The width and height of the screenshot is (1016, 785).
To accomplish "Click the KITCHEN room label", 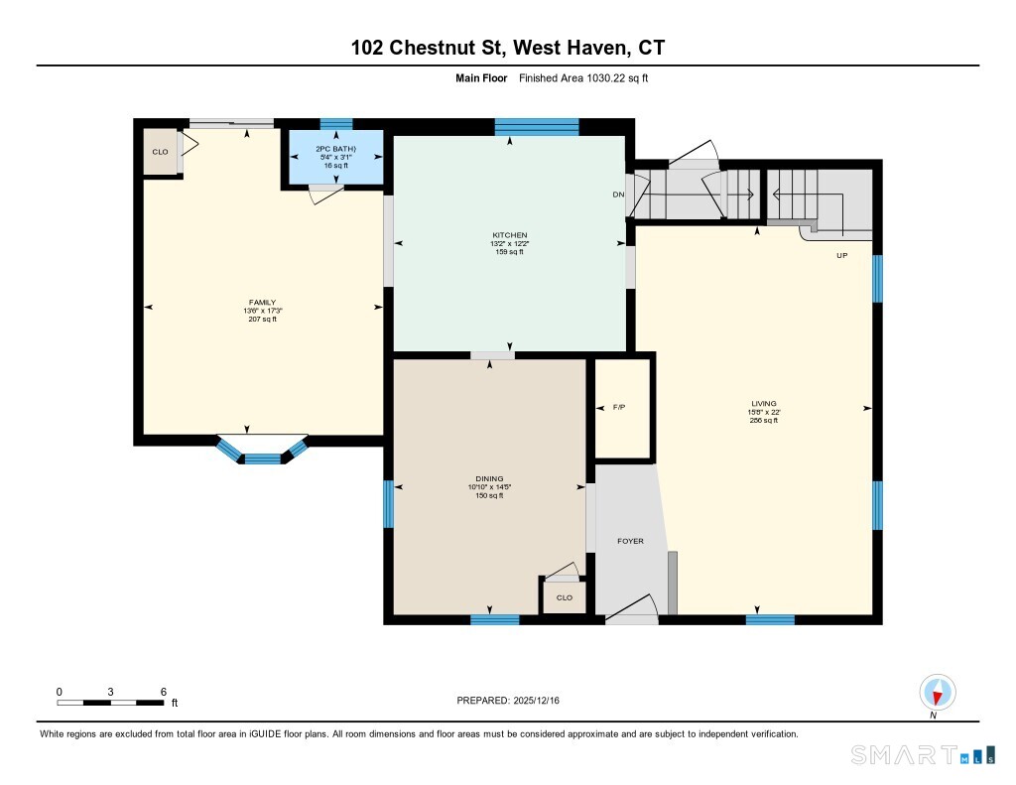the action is coord(509,235).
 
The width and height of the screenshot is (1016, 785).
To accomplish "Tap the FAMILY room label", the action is coord(262,303).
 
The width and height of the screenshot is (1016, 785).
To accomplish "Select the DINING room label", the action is coord(489,479).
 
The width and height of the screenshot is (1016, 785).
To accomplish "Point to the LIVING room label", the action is coord(764,403).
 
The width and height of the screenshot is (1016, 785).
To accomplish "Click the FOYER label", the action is coord(630,541).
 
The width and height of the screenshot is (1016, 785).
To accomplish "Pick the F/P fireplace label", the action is coord(619,407).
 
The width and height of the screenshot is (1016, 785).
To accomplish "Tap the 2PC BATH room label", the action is coord(335,149).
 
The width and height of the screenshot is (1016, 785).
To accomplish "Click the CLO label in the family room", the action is coord(160,152).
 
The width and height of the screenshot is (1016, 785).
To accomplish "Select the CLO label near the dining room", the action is coord(565,597).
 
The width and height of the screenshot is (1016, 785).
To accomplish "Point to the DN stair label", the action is coord(618,195).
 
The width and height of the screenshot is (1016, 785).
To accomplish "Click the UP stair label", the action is coord(841,255).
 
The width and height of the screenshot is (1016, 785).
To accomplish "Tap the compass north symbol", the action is coord(937,693).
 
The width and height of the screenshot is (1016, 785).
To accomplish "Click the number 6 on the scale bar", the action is coord(164,692).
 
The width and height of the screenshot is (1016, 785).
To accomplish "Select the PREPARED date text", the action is coord(508,700).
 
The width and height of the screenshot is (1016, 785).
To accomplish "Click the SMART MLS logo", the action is coord(923,754).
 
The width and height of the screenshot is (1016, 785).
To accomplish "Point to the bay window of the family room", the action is coord(262,451).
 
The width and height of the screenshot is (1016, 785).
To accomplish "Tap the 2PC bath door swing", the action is coord(325,194).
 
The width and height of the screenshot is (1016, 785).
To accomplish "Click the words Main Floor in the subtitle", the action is coord(481,78).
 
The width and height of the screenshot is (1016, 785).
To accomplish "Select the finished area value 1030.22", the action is coord(604,78).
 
